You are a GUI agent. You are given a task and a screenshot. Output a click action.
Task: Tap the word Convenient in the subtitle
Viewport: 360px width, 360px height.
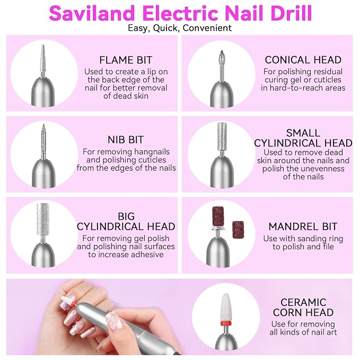click(x=207, y=28)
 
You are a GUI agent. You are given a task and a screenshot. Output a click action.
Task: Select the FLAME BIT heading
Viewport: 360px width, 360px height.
click(x=126, y=60)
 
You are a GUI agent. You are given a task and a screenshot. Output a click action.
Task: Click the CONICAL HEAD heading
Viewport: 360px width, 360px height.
click(x=303, y=60)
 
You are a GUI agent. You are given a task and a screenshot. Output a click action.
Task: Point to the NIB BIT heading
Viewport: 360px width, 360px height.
click(x=126, y=139)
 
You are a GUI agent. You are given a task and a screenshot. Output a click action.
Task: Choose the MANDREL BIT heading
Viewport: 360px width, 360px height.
click(x=303, y=226)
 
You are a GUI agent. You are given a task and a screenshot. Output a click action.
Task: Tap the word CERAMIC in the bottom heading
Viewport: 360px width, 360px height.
click(x=303, y=302)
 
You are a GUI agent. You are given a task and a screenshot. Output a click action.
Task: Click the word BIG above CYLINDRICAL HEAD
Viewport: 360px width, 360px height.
click(x=126, y=216)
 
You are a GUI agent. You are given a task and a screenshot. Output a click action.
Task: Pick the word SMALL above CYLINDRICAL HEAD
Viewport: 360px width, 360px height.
click(x=303, y=133)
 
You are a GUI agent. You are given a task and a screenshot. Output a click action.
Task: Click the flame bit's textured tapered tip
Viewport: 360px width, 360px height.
click(x=43, y=58)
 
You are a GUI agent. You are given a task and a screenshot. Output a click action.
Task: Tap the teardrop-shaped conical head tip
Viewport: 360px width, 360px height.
click(x=221, y=58)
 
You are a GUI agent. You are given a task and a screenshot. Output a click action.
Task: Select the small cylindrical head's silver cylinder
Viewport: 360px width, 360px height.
click(x=222, y=136)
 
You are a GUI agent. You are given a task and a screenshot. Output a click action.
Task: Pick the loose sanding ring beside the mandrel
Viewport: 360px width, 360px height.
click(x=238, y=230)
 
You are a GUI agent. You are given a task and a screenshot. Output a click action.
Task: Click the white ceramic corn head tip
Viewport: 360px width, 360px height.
click(x=226, y=308)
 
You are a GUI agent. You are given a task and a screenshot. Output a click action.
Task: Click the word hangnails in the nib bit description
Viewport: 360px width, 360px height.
click(x=152, y=152)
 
